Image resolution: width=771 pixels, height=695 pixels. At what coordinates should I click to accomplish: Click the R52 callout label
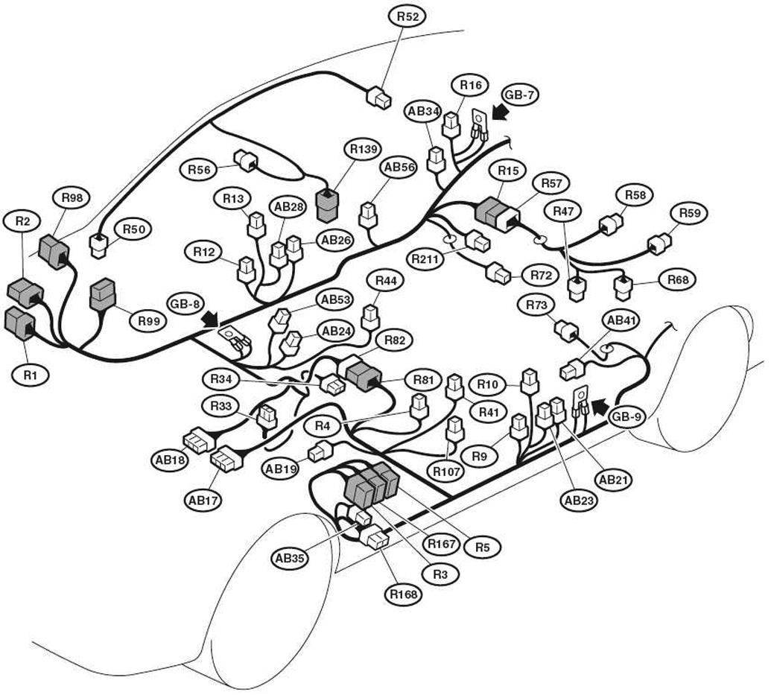pos(407,16)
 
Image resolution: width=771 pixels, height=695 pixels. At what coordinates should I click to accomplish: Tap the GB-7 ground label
pos(520,95)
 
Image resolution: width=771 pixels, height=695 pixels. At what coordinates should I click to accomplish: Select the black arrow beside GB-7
pos(501,112)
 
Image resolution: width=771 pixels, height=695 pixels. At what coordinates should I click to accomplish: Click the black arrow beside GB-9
pos(599,407)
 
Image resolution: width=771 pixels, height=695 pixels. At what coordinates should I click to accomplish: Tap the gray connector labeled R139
pos(327,205)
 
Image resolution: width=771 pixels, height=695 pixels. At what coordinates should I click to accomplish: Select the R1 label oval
pos(30,375)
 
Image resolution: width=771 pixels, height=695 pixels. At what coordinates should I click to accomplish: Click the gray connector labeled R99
pos(102,294)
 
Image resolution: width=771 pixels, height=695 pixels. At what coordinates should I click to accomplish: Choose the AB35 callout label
pos(290,558)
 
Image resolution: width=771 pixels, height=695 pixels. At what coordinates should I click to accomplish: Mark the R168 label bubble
pos(403,594)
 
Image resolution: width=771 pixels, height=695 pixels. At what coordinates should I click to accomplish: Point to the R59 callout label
pos(689,214)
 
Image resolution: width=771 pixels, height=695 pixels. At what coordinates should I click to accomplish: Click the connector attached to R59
pos(659,244)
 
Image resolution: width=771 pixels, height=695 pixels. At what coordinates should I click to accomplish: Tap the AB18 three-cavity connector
pos(198,439)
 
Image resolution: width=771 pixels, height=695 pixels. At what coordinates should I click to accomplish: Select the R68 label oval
pos(678,280)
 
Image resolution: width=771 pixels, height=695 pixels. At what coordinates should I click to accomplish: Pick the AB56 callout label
pos(399,168)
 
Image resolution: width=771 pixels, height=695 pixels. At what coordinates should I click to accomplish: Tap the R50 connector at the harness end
pos(99,245)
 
